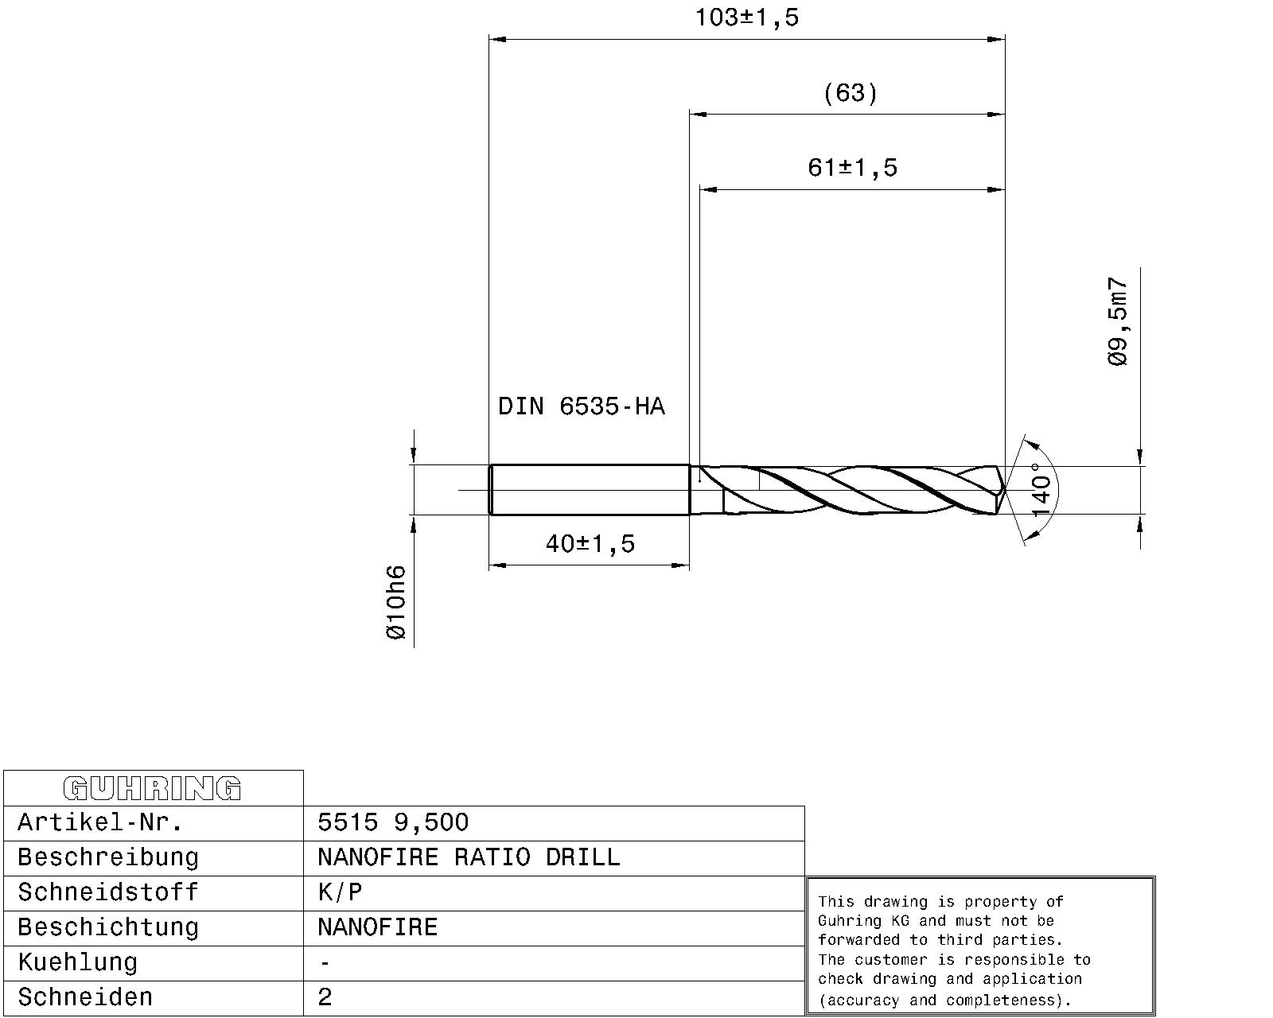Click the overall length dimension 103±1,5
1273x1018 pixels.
click(x=746, y=17)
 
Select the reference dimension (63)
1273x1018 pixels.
click(x=850, y=93)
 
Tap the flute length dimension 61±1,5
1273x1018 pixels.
click(x=852, y=168)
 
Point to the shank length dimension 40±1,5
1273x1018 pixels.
click(x=590, y=544)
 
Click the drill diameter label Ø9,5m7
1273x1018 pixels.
click(x=1118, y=321)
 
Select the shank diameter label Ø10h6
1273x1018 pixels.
click(x=395, y=602)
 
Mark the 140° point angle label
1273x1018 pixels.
click(x=1041, y=490)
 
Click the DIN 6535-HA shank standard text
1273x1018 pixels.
click(x=581, y=406)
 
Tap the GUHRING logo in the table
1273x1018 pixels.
click(x=152, y=788)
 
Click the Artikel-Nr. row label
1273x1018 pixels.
click(x=100, y=822)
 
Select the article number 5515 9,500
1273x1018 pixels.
click(x=393, y=822)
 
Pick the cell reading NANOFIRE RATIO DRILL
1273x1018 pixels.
click(x=468, y=857)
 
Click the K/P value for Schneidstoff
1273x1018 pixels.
click(x=340, y=892)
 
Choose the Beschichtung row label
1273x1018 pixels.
click(x=107, y=927)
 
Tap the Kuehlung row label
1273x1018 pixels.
click(x=77, y=962)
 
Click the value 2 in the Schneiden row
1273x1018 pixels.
click(x=325, y=997)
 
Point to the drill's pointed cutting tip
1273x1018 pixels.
click(x=1003, y=490)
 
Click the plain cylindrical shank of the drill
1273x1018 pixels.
click(x=589, y=490)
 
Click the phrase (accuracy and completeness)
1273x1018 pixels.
click(x=945, y=1001)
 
